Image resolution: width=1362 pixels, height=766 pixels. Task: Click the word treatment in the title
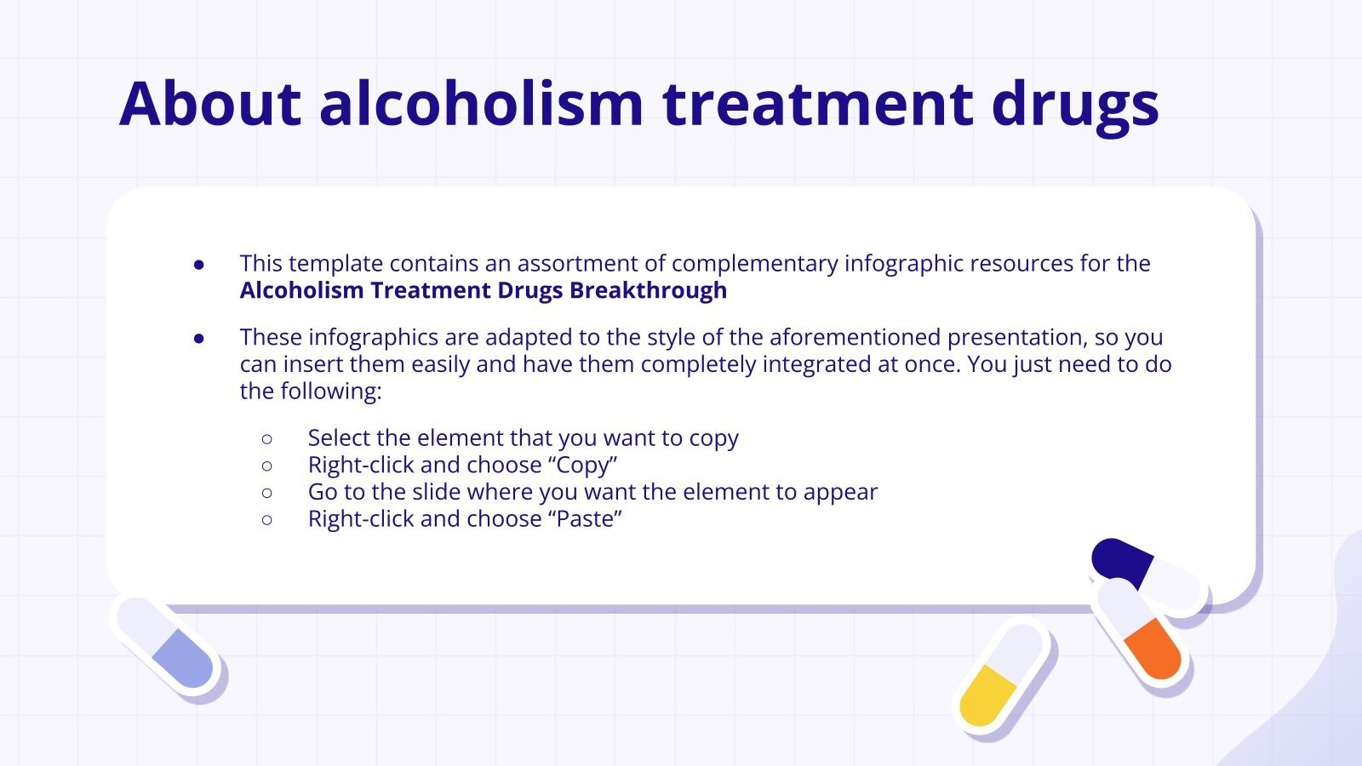pyautogui.click(x=817, y=104)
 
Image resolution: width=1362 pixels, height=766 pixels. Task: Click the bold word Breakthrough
pyautogui.click(x=648, y=290)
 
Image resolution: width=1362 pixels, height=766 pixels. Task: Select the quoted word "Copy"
pyautogui.click(x=583, y=465)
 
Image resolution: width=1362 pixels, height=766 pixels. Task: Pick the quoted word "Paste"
pyautogui.click(x=586, y=518)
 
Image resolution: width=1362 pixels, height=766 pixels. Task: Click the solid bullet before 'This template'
pyautogui.click(x=199, y=265)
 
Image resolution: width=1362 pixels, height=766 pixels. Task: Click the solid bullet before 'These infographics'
pyautogui.click(x=199, y=338)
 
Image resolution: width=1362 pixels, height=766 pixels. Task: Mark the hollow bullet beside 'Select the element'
pyautogui.click(x=267, y=438)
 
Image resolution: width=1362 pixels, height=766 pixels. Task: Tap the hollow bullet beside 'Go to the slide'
pyautogui.click(x=267, y=492)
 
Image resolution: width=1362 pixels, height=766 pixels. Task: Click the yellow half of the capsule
pyautogui.click(x=987, y=696)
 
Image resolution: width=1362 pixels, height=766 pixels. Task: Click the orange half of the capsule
pyautogui.click(x=1153, y=649)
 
